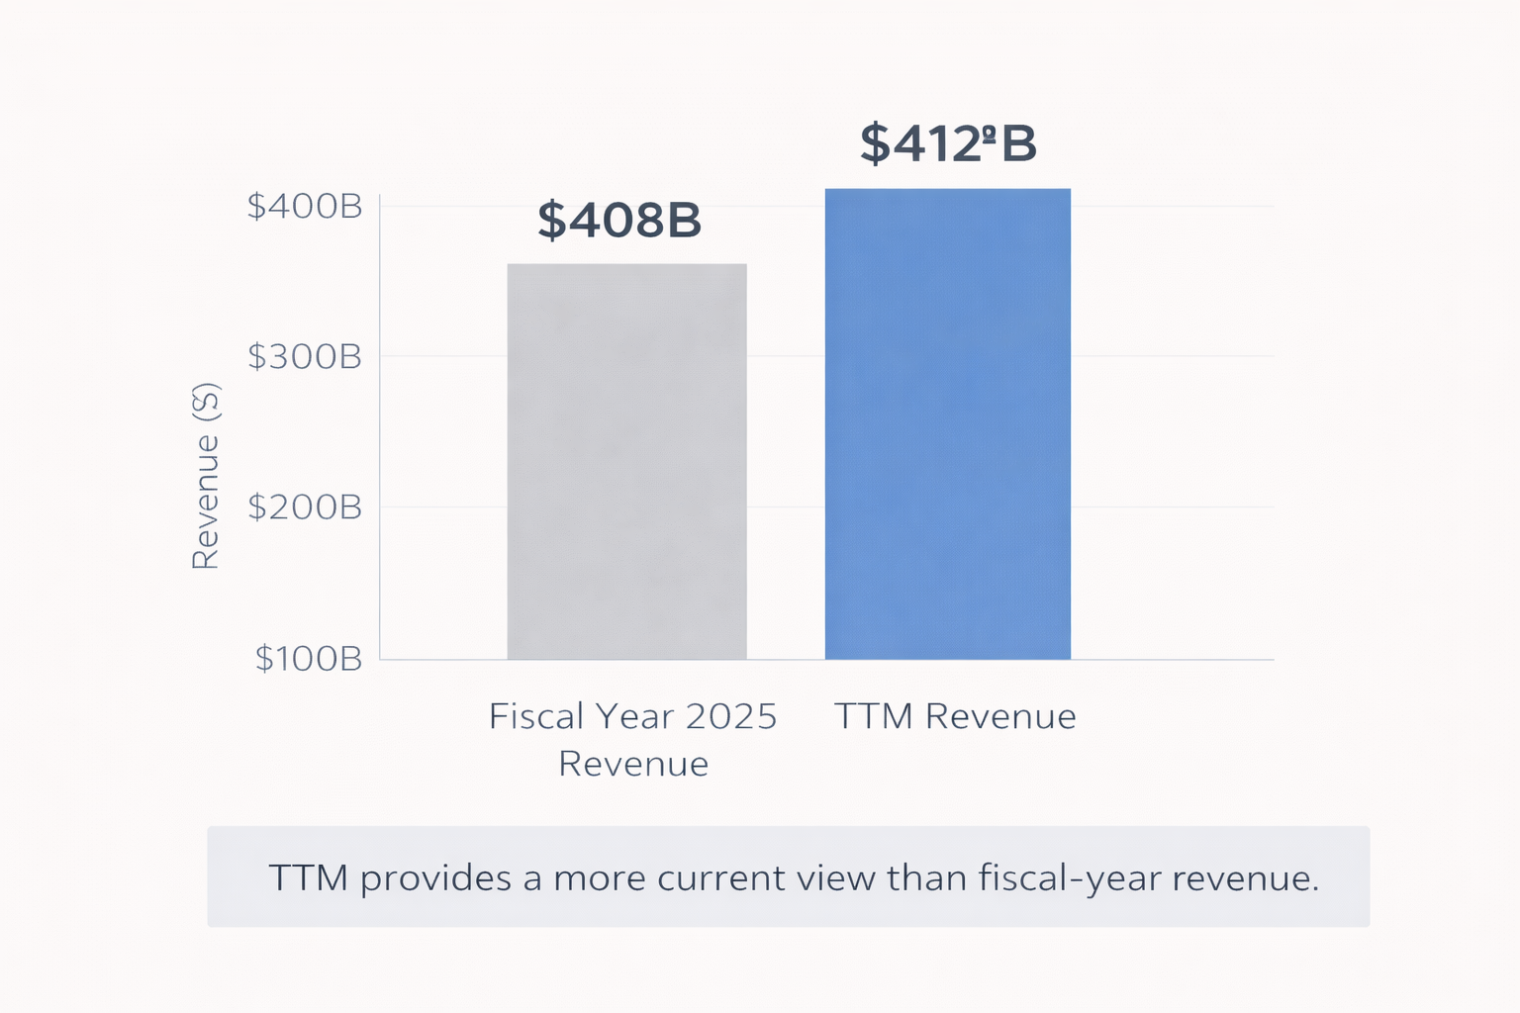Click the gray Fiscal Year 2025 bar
(x=626, y=461)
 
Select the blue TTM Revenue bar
(x=947, y=423)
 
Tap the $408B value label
(x=619, y=220)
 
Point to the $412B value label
(x=948, y=143)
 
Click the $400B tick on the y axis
(x=305, y=207)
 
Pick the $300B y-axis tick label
(x=305, y=357)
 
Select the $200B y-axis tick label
(x=305, y=507)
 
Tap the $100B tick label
(x=309, y=659)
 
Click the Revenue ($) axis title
(x=205, y=476)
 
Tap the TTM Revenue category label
(x=955, y=716)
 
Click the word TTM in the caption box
(x=308, y=878)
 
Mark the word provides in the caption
(x=435, y=878)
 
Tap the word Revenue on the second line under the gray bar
(x=633, y=764)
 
